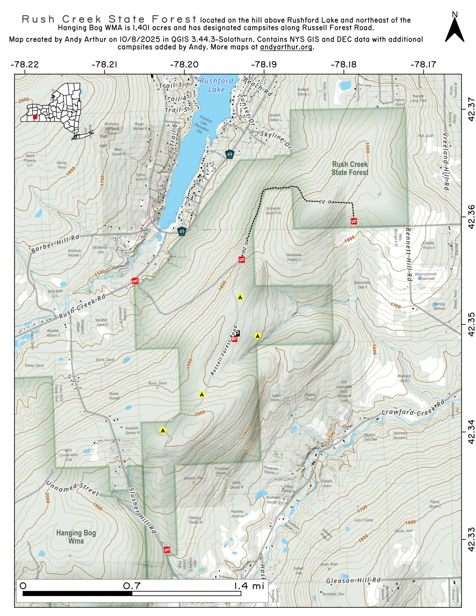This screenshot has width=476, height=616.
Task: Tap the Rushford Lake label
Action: (x=216, y=85)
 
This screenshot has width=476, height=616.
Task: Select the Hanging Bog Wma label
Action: (x=76, y=537)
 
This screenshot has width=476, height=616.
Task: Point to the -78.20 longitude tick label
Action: (x=185, y=64)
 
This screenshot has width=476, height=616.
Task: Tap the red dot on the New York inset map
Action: (x=35, y=117)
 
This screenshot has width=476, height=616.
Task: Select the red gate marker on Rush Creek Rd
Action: (x=135, y=281)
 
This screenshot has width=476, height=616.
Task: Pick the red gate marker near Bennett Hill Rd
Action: (x=354, y=221)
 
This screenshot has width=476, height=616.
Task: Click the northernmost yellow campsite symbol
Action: (x=239, y=297)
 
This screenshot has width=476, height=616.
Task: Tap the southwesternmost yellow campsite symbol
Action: (x=163, y=431)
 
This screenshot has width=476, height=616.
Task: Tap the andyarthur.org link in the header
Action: (x=286, y=47)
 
